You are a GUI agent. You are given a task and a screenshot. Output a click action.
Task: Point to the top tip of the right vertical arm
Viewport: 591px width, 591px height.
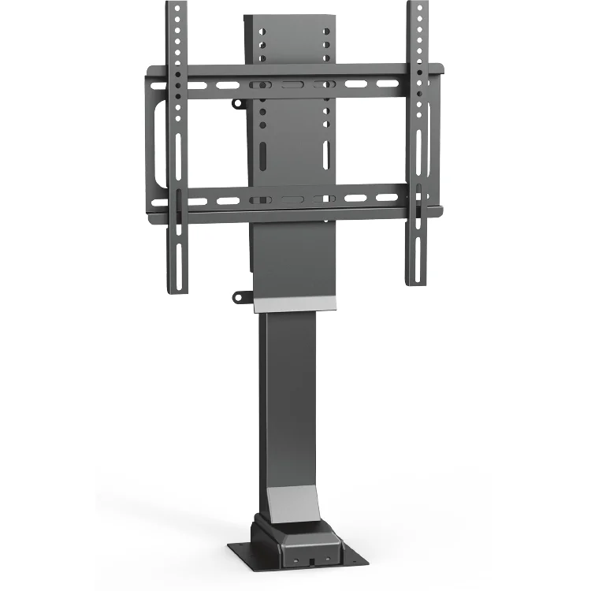[416, 4]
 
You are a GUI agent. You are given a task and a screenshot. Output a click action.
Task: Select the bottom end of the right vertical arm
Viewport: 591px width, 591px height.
[415, 281]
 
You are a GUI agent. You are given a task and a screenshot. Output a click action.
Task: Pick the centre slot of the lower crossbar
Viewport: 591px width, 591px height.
[292, 200]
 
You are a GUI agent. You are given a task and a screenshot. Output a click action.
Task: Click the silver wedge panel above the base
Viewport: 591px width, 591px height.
[291, 500]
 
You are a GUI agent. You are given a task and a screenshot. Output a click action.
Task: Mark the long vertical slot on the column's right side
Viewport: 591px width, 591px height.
[325, 153]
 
